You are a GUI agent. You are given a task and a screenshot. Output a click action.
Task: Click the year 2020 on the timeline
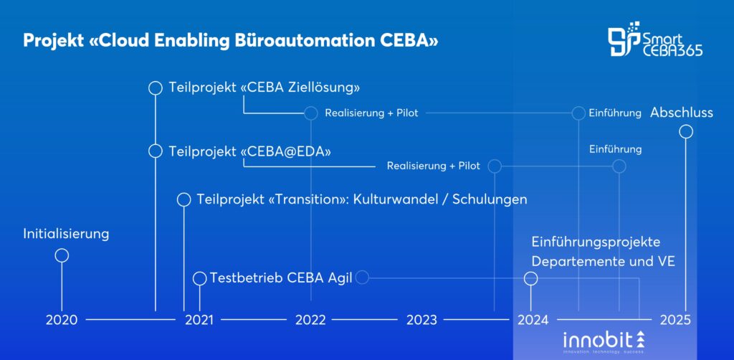[62, 320]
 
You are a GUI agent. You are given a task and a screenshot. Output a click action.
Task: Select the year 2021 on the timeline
[199, 320]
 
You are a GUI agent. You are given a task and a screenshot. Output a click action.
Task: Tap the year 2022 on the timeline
[310, 320]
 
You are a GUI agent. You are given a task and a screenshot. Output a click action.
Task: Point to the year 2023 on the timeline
[421, 320]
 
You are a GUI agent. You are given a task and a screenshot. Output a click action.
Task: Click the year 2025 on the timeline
[676, 320]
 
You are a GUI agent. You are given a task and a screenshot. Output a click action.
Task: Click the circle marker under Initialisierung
[62, 255]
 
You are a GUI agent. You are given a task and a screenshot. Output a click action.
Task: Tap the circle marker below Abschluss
[686, 131]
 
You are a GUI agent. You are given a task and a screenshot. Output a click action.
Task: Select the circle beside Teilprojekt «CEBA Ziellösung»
[155, 88]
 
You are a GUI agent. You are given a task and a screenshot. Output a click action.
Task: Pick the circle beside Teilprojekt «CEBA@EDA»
[155, 151]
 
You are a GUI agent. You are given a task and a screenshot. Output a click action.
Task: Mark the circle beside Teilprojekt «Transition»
[183, 199]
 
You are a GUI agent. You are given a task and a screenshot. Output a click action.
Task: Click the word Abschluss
[682, 113]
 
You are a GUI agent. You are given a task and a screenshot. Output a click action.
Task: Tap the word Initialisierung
[66, 234]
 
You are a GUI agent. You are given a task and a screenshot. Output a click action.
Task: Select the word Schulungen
[492, 199]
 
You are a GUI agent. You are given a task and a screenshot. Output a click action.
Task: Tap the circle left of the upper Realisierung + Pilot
[310, 113]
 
